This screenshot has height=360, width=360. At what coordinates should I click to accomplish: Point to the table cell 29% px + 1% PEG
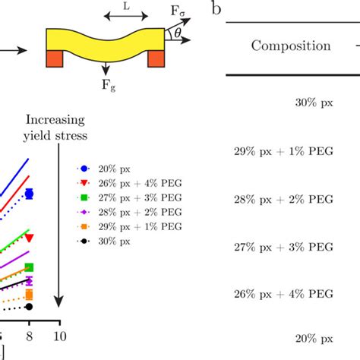click(283, 151)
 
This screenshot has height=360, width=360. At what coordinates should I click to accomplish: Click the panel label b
click(216, 10)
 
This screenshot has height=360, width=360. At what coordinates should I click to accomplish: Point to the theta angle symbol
click(178, 34)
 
